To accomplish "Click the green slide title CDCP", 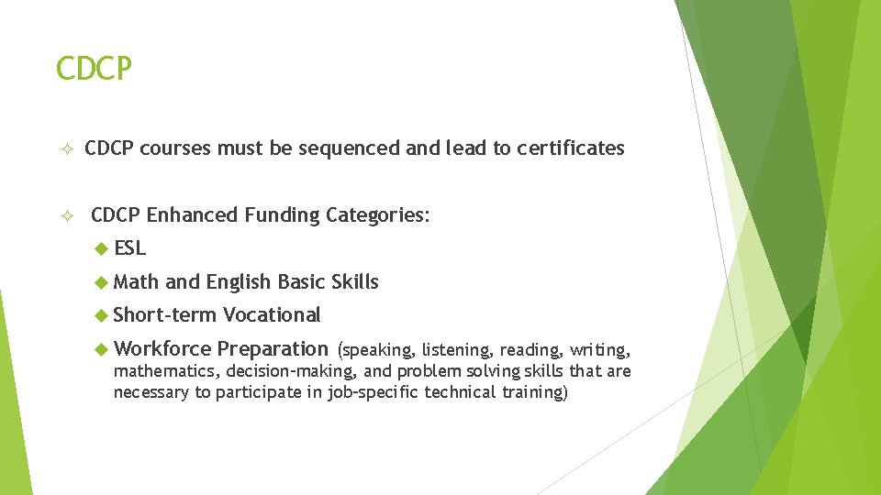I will [x=94, y=69].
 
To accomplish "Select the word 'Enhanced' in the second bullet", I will [x=188, y=215].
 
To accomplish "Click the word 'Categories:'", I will [x=377, y=215].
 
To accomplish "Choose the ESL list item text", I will [x=130, y=248].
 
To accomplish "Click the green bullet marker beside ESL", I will [x=102, y=248].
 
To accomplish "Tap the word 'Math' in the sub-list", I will [x=136, y=282].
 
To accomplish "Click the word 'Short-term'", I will [x=164, y=315].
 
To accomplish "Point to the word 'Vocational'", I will [x=272, y=315].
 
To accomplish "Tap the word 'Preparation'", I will [x=273, y=349].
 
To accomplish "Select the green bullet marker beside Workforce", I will [x=102, y=348].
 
